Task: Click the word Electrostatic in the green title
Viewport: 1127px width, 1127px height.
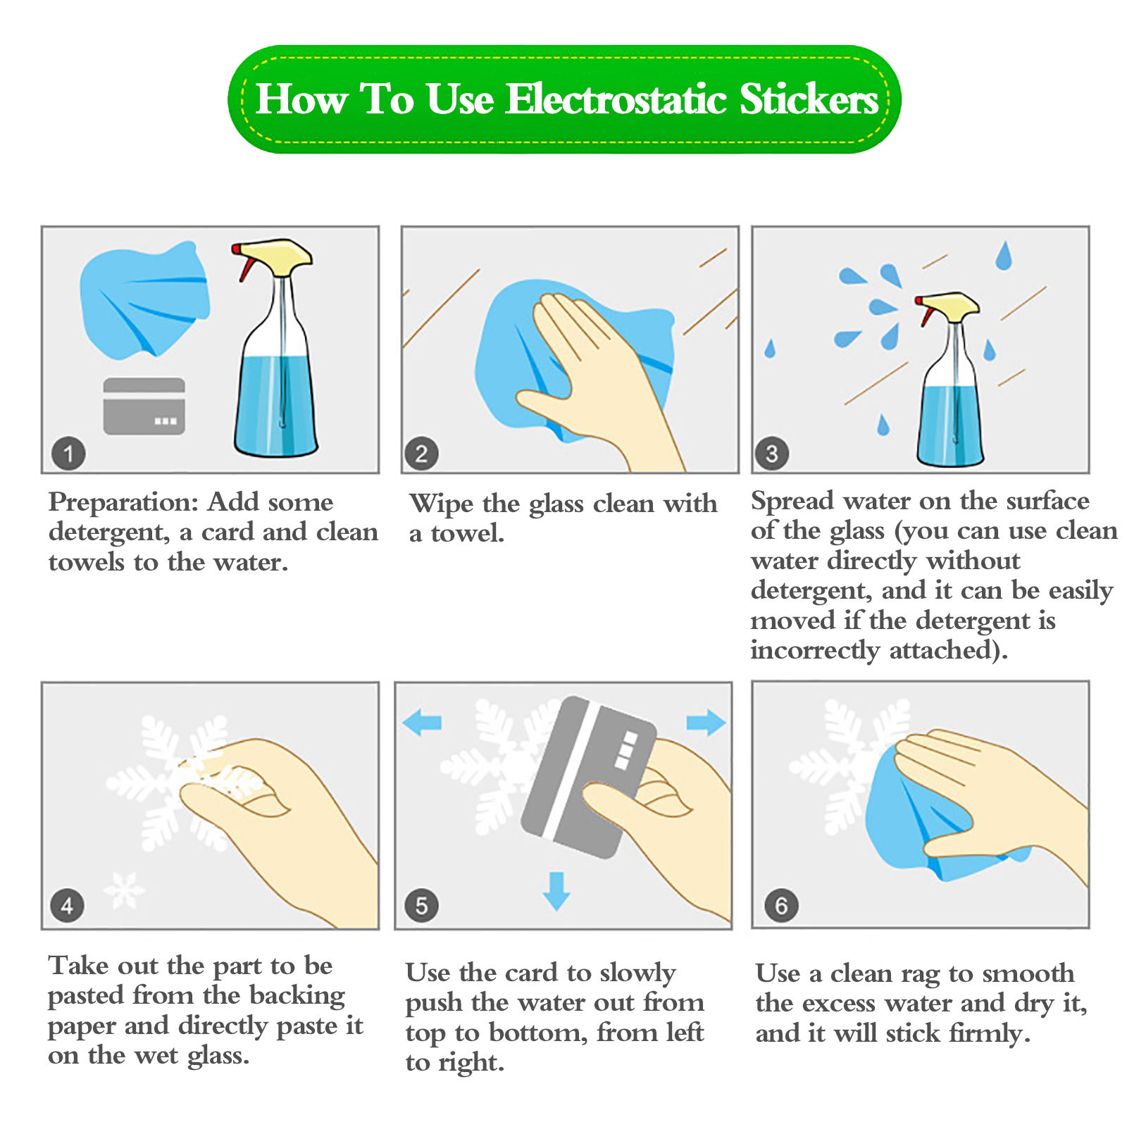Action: coord(616,99)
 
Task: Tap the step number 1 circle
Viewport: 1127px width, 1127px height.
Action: coord(68,453)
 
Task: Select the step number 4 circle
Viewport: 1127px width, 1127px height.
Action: coord(68,905)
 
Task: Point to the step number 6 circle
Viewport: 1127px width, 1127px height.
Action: coord(781,905)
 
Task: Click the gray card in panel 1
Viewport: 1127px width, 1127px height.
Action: coord(144,406)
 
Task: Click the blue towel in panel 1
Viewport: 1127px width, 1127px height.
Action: coord(144,299)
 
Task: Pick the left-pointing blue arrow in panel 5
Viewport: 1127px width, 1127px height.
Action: coord(422,723)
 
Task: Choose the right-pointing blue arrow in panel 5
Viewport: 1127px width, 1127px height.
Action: coord(706,723)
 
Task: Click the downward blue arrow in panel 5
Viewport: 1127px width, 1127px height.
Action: coord(556,891)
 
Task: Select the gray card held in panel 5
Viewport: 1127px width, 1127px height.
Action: coord(588,777)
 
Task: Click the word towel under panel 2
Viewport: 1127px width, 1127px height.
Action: coord(468,534)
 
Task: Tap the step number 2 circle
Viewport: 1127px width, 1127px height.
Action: coord(421,453)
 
